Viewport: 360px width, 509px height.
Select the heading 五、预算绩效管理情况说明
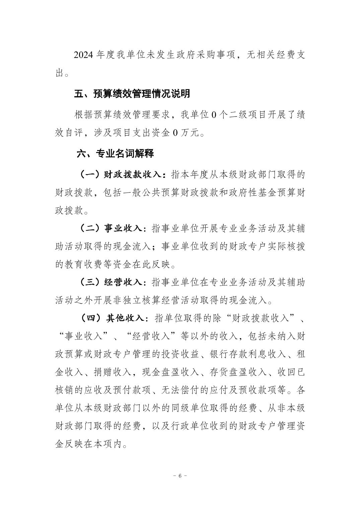tap(132, 94)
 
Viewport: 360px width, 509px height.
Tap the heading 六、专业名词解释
tap(115, 154)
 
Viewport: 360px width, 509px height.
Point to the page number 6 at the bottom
tap(180, 476)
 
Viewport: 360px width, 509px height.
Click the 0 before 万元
tap(175, 133)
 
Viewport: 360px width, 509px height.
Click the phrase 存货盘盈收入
tap(238, 372)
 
